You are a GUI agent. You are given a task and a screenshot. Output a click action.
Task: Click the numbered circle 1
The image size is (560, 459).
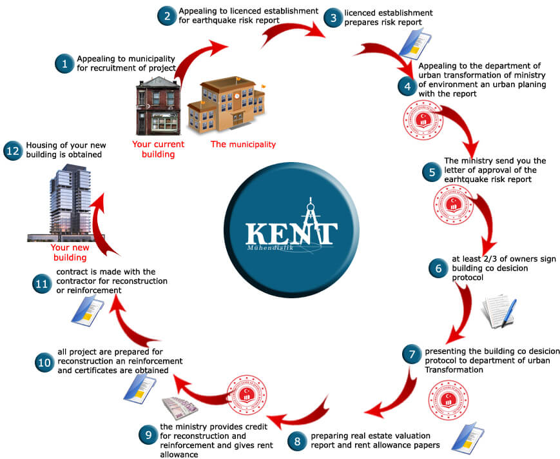[64, 63]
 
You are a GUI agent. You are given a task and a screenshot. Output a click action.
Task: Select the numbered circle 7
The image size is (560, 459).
[412, 354]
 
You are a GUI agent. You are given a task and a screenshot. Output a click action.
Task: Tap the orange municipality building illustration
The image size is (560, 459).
[226, 106]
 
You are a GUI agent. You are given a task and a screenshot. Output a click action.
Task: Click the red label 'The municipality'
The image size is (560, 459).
[243, 145]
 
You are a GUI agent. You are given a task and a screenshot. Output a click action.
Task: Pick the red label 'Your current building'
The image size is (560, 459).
[158, 149]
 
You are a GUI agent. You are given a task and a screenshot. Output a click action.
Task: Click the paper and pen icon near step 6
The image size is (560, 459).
[497, 312]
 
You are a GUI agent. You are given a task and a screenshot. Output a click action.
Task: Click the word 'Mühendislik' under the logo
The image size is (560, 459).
[262, 247]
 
